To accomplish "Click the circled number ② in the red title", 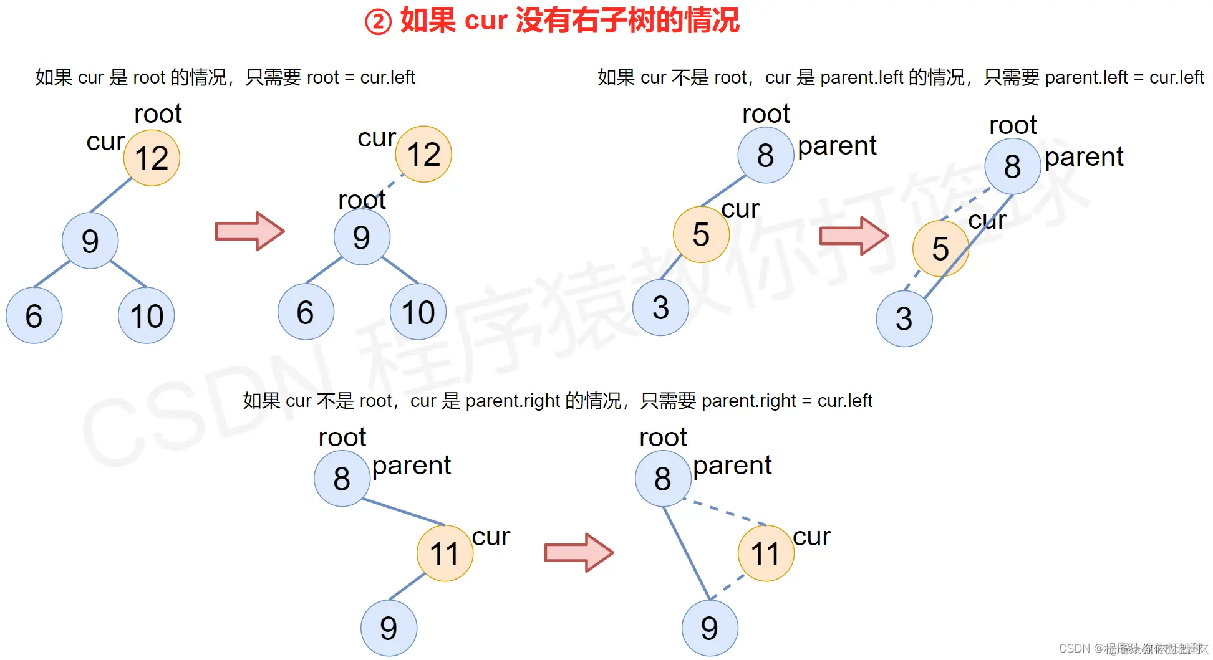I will [x=378, y=22].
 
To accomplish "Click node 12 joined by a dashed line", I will [x=423, y=155].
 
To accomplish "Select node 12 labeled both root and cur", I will [x=152, y=158].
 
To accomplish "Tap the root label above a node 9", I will [x=362, y=200].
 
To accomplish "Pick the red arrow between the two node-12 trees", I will [x=249, y=231].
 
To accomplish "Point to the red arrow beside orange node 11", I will [x=579, y=552].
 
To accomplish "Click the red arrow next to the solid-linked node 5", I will [x=854, y=236].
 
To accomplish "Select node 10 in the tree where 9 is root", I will [x=418, y=312].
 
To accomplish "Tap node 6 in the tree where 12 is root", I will [x=34, y=316].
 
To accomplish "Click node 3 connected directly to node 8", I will [x=904, y=319].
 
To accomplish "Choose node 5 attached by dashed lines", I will [x=940, y=249].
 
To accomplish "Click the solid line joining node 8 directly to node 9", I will [x=686, y=553].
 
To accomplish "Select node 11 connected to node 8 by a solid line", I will [x=445, y=553].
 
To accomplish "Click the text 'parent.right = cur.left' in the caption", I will [x=786, y=401].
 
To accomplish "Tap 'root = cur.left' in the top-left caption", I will [x=360, y=77].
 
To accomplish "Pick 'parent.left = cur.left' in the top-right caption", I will [x=1124, y=77].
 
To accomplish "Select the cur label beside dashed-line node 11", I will [x=811, y=537].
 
